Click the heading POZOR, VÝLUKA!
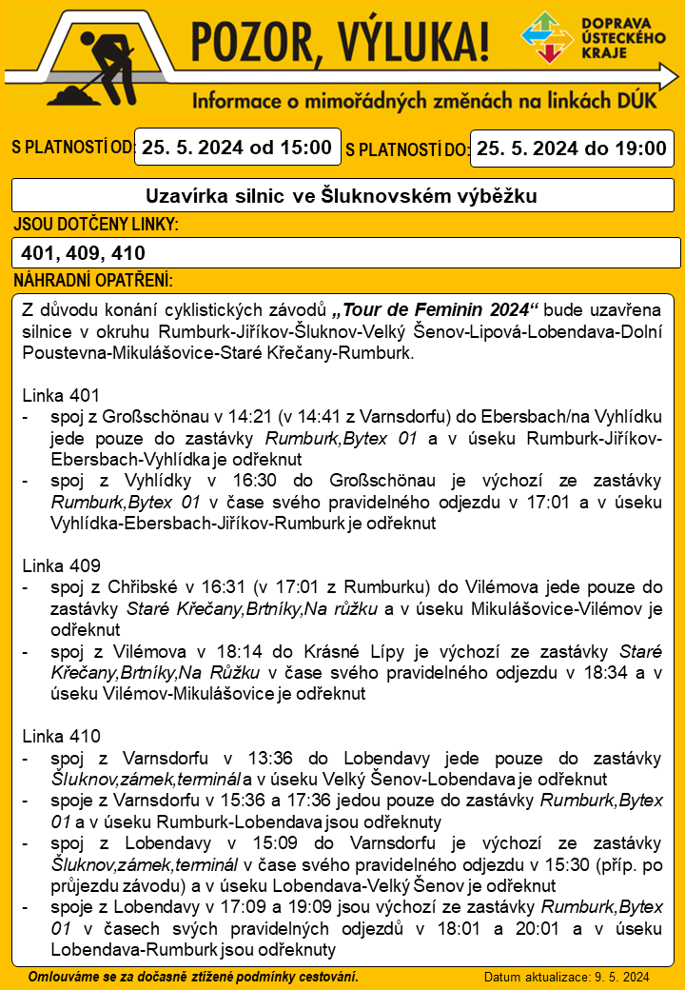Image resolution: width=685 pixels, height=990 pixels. click(342, 43)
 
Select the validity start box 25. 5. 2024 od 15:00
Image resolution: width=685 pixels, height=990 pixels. click(237, 148)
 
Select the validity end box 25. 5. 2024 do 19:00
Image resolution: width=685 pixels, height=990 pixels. click(571, 148)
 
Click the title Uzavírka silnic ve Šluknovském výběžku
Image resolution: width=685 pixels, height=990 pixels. click(342, 196)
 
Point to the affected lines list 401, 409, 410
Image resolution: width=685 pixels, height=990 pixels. click(83, 253)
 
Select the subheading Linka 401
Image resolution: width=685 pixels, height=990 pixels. click(60, 394)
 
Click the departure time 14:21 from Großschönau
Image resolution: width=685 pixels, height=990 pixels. click(250, 416)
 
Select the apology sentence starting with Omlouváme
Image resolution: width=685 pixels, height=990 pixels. click(193, 977)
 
